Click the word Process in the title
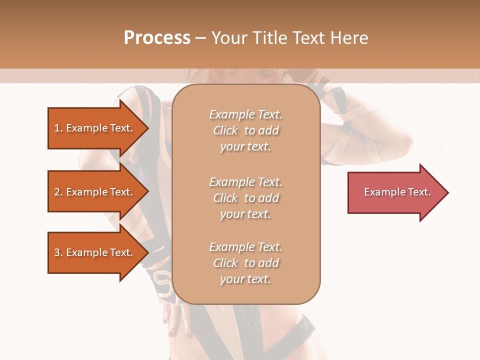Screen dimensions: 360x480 click(157, 38)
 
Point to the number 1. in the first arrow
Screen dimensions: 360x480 click(58, 128)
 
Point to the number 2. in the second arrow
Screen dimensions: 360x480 click(58, 192)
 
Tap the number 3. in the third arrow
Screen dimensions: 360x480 click(58, 253)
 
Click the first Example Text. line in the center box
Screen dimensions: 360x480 click(245, 114)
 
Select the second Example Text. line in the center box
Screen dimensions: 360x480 click(245, 181)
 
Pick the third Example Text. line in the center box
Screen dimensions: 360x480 click(245, 247)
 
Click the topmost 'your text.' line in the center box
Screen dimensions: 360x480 click(245, 147)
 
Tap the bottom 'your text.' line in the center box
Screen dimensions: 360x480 click(245, 279)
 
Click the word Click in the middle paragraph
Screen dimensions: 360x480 click(225, 198)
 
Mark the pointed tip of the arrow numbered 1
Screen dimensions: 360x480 click(147, 128)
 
